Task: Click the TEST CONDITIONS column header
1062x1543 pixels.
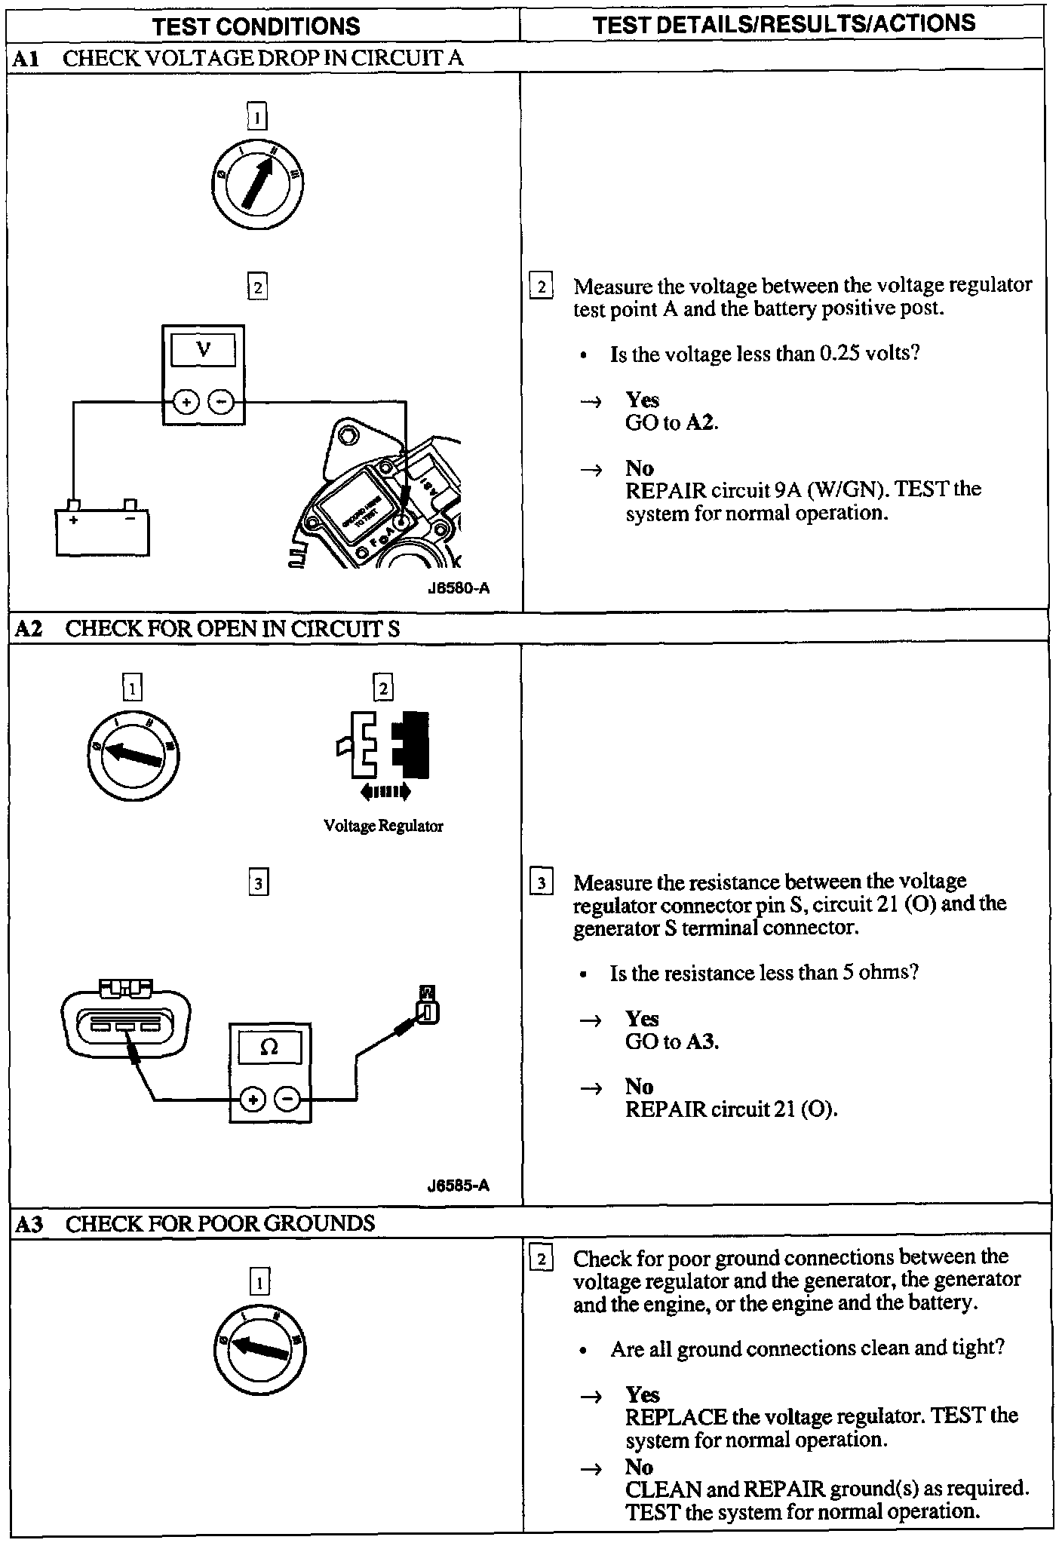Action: [x=256, y=26]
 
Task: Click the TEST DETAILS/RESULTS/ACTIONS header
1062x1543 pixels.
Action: [x=784, y=25]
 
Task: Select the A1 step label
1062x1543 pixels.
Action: [x=26, y=59]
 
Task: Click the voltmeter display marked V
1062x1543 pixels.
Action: [x=203, y=350]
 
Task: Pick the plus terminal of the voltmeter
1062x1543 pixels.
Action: [x=186, y=403]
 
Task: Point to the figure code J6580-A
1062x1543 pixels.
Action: [x=458, y=587]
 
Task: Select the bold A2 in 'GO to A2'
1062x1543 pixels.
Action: [x=701, y=422]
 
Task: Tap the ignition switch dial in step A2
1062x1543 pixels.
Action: [x=134, y=755]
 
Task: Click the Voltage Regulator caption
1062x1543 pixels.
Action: [x=383, y=826]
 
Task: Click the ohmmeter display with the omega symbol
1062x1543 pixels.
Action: [x=269, y=1047]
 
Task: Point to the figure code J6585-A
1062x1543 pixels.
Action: [x=458, y=1186]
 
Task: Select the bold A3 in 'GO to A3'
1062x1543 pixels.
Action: [x=701, y=1041]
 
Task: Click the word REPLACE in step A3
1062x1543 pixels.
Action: [x=676, y=1416]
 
